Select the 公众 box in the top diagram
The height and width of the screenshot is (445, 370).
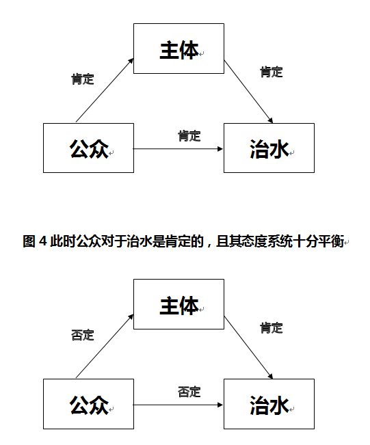click(x=88, y=148)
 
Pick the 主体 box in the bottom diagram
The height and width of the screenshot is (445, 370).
click(x=179, y=306)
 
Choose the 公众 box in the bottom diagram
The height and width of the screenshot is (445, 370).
click(x=88, y=404)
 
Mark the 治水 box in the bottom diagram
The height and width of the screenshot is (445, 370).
click(x=269, y=404)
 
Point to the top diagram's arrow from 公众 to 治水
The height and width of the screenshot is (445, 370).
click(x=178, y=148)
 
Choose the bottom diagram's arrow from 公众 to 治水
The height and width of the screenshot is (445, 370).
click(x=178, y=405)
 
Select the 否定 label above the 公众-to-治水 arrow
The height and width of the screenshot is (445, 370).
click(x=189, y=392)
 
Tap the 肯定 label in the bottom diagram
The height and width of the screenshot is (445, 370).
click(x=272, y=328)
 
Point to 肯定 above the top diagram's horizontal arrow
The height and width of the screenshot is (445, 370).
click(x=189, y=135)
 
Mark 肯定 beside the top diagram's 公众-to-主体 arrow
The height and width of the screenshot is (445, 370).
click(x=82, y=79)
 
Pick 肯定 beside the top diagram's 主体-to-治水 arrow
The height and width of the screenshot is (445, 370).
click(x=272, y=72)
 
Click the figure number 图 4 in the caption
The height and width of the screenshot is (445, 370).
click(x=34, y=241)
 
